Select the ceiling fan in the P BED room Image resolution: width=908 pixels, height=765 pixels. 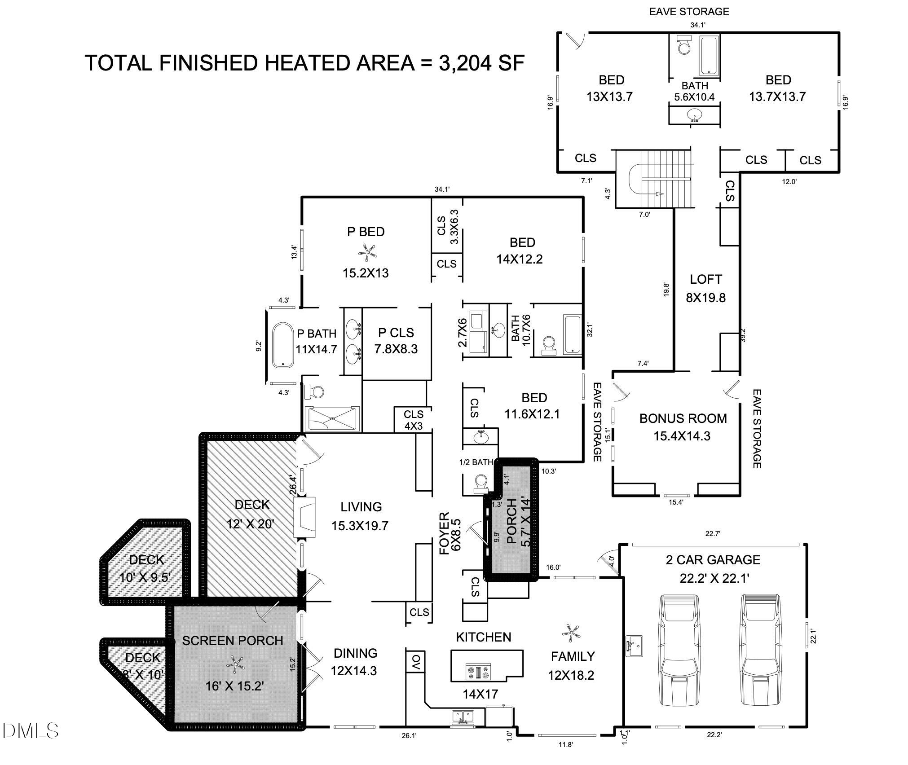(x=367, y=252)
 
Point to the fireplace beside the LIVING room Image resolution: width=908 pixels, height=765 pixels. (x=305, y=517)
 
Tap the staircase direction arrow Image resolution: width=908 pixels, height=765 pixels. (x=659, y=194)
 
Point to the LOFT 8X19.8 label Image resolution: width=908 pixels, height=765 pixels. (x=705, y=288)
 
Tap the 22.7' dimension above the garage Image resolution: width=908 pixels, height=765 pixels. (x=713, y=534)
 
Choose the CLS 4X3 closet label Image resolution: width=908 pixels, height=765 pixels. (x=413, y=420)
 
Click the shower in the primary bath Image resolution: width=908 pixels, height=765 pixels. (x=332, y=419)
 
